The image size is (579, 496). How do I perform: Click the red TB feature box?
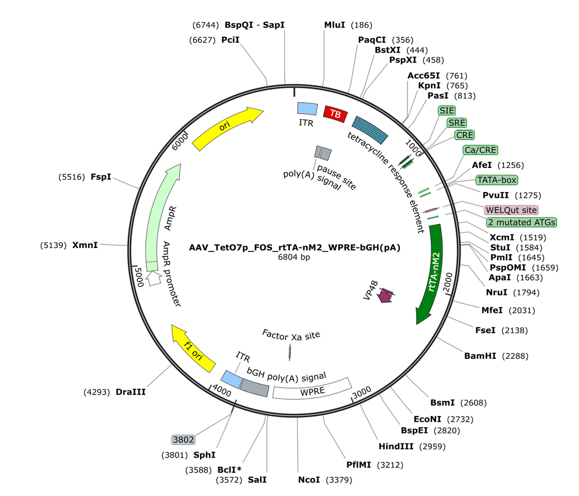[335, 114]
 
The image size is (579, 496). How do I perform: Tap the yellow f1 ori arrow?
[193, 348]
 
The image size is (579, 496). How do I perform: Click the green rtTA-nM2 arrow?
[432, 273]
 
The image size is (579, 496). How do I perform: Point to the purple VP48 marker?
[385, 295]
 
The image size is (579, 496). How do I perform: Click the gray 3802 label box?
[183, 439]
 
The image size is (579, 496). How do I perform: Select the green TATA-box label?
[497, 180]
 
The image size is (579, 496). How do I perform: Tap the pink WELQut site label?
[511, 210]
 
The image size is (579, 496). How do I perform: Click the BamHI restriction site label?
[480, 356]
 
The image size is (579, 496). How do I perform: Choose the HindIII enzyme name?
[396, 446]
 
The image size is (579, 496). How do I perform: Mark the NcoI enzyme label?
[309, 480]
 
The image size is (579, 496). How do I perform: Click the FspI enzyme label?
[101, 177]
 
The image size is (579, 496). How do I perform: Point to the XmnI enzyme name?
[85, 245]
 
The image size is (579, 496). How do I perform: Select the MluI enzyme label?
[334, 25]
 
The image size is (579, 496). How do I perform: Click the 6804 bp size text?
[294, 257]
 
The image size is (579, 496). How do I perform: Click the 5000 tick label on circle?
[139, 277]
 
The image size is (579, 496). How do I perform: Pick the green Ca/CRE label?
[480, 150]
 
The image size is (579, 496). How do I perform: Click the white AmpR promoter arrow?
[154, 278]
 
